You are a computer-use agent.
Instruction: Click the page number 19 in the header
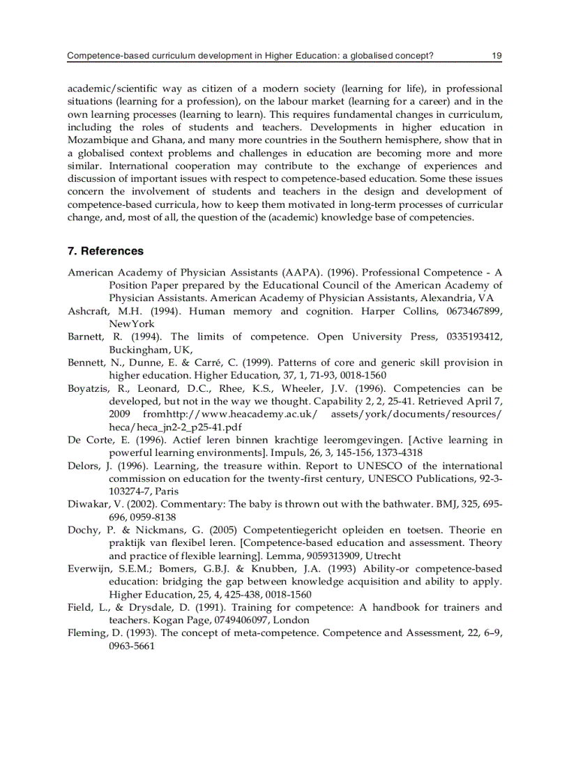[x=496, y=56]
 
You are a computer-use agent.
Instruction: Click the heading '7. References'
[x=105, y=251]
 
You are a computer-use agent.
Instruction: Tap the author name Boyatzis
[x=89, y=389]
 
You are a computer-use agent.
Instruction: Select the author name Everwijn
[x=90, y=569]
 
